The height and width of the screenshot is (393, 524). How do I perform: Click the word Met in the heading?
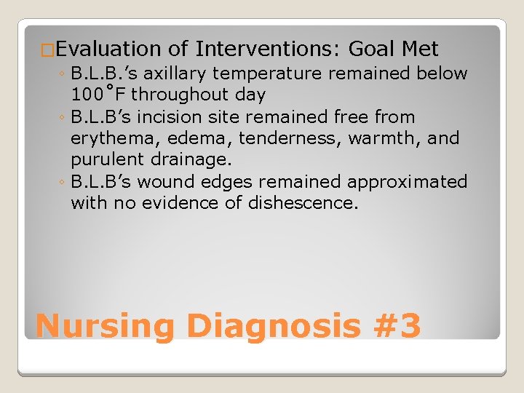419,49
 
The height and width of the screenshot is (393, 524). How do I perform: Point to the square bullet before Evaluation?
48,51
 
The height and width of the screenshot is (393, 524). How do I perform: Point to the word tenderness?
290,138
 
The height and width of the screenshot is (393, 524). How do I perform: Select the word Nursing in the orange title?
105,325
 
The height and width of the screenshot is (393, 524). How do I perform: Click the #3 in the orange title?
395,325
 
